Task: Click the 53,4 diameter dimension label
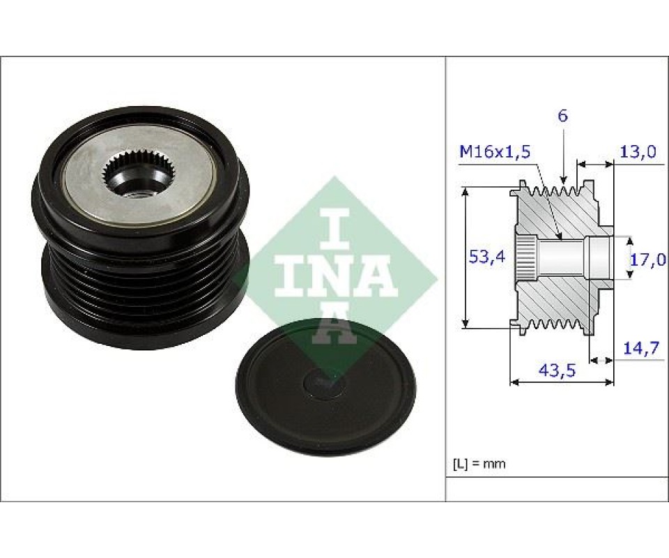point(487,257)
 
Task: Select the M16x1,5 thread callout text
point(495,151)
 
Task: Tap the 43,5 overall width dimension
point(557,370)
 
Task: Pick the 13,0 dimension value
point(638,151)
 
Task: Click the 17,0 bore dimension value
point(647,259)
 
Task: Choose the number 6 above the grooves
point(563,116)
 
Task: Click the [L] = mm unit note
point(479,464)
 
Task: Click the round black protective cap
point(325,387)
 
